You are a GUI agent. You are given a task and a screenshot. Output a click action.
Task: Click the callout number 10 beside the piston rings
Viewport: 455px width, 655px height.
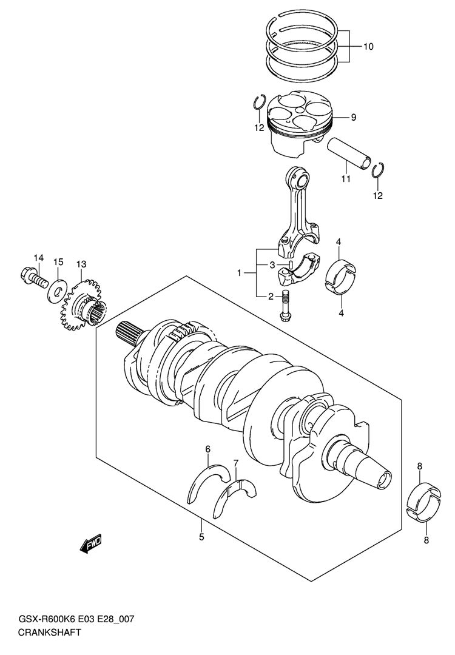[368, 46]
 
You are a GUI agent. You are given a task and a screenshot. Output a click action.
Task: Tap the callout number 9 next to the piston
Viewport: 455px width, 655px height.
[354, 118]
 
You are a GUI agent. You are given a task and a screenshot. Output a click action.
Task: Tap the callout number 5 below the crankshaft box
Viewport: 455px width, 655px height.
[201, 537]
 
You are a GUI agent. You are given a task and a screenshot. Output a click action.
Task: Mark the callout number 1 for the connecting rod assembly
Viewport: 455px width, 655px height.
[240, 273]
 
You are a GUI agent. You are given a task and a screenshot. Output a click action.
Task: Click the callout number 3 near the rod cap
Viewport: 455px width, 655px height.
[271, 265]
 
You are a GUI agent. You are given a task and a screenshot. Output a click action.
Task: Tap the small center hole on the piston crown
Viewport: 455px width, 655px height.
[297, 109]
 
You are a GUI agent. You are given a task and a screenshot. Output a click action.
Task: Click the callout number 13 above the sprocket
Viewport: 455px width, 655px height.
[81, 264]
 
